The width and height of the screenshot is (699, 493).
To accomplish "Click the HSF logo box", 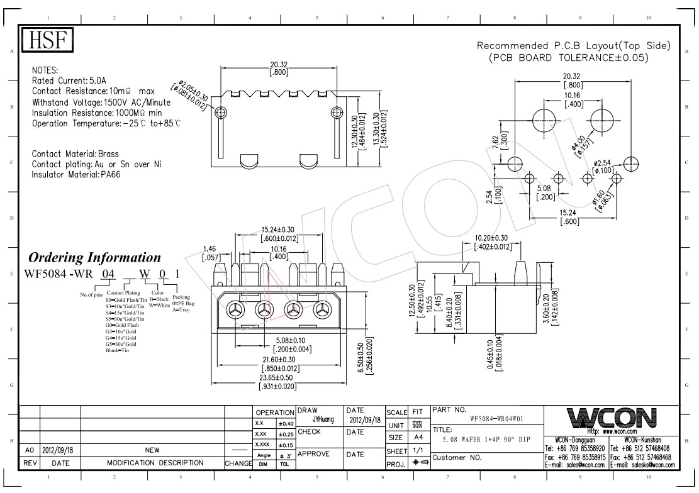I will [49, 41].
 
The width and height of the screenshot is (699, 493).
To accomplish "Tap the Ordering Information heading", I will [95, 258].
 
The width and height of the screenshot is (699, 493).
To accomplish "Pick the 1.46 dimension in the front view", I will [210, 249].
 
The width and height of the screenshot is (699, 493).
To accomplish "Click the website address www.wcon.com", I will [622, 431].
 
